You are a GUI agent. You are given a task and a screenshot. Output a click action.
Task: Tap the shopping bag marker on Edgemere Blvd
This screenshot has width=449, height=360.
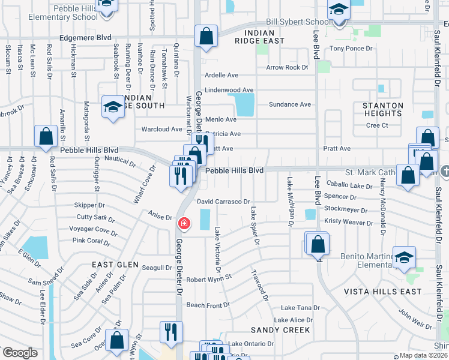click(x=206, y=37)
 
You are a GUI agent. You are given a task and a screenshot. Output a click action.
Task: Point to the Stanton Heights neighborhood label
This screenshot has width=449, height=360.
click(x=382, y=109)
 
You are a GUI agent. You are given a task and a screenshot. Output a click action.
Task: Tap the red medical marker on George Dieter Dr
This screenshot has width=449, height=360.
click(x=184, y=224)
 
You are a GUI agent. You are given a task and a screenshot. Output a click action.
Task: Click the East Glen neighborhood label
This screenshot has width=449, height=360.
click(x=115, y=265)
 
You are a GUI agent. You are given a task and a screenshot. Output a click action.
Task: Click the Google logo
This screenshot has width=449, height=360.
click(x=20, y=353)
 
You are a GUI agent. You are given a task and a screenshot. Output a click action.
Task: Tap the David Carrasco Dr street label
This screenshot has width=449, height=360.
click(x=223, y=202)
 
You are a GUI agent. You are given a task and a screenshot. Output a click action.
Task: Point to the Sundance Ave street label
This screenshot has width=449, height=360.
click(x=290, y=104)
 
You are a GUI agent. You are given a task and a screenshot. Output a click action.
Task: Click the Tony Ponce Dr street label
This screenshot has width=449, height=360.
click(x=351, y=49)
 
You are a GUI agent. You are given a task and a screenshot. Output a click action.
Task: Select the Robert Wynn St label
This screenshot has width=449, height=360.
click(x=208, y=280)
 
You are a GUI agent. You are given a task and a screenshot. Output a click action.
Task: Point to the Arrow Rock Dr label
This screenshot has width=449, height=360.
click(x=287, y=68)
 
